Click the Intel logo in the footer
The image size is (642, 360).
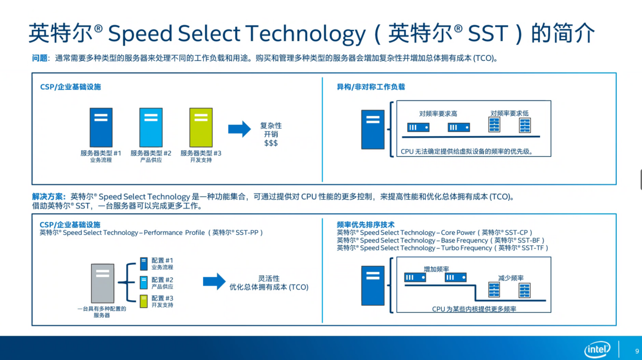tap(597, 349)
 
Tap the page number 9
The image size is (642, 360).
tap(637, 351)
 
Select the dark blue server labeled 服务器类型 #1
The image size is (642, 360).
tap(101, 127)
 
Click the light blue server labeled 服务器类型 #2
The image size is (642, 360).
tap(151, 127)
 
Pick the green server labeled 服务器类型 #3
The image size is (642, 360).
tap(201, 127)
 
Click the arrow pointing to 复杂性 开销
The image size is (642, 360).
tap(239, 129)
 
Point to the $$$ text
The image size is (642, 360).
tap(271, 143)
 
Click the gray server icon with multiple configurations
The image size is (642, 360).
tap(102, 283)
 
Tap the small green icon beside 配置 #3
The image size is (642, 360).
tap(143, 301)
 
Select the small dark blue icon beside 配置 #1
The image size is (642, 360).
tap(143, 264)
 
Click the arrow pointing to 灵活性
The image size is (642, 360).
tap(214, 281)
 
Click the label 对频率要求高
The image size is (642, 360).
tap(438, 114)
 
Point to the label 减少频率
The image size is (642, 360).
tap(511, 278)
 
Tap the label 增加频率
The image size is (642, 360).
tap(436, 269)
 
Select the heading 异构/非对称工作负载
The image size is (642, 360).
tap(370, 87)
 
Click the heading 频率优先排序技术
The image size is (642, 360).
tap(365, 225)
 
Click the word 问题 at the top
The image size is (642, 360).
tap(40, 58)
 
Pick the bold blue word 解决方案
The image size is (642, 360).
tap(47, 197)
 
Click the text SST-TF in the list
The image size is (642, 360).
tap(533, 248)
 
